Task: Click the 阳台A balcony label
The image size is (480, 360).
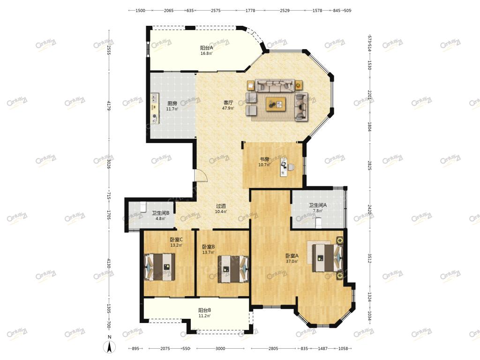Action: pos(206,48)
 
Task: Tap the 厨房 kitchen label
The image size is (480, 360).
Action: pos(172,104)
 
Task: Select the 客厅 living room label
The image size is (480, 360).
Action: pos(228,103)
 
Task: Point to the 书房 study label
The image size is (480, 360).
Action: pos(264,159)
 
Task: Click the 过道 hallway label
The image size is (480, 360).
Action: pos(221,206)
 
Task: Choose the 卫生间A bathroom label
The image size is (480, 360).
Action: pos(317,205)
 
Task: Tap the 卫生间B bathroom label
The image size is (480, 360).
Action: pos(160,213)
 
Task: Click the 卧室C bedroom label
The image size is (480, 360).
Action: pos(176,240)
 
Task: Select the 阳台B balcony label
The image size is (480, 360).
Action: pos(204,310)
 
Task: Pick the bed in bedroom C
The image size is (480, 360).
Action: pos(159,267)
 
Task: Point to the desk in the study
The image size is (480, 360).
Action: pos(284,167)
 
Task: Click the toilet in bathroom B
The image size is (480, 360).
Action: pos(143,207)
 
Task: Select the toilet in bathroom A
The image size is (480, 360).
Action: pos(318,223)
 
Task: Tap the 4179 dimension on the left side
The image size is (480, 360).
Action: pos(109,106)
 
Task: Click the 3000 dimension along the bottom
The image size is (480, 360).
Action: pos(220,348)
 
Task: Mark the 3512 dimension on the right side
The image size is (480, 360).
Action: pos(369,258)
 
